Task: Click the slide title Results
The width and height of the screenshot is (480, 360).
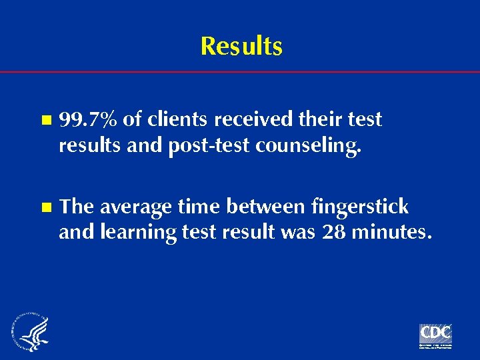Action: point(241,47)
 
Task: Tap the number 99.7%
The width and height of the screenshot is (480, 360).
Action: point(89,120)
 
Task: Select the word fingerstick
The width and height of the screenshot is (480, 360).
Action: point(360,207)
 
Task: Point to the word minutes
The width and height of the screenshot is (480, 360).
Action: point(393,233)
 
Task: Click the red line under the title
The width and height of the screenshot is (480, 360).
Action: point(240,71)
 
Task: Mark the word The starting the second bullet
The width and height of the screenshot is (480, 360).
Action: point(77,207)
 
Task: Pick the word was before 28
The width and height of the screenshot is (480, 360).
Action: point(302,233)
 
